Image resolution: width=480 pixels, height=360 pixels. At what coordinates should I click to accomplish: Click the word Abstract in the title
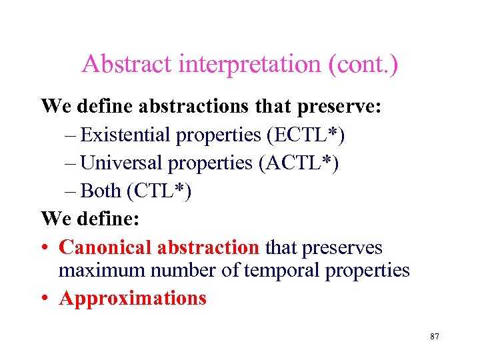coord(125,65)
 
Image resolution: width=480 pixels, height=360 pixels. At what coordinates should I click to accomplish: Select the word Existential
coord(125,135)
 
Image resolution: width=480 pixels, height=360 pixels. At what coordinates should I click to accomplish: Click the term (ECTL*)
coord(305,135)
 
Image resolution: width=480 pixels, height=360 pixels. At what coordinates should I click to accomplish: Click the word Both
coord(100,191)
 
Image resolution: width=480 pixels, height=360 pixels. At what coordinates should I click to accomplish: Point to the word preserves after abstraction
coord(342,248)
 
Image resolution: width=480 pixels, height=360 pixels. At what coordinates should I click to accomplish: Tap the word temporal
coord(274,271)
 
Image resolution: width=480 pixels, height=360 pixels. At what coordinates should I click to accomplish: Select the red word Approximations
coord(133,298)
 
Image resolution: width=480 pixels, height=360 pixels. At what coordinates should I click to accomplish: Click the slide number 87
coord(434,337)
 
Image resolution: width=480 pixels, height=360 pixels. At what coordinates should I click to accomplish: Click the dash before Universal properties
coord(71,163)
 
